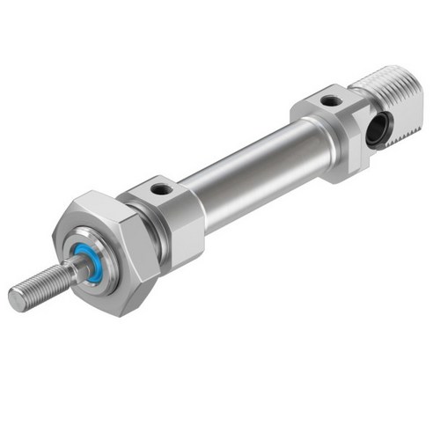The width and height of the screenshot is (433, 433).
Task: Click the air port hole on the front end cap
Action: [160, 187]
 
